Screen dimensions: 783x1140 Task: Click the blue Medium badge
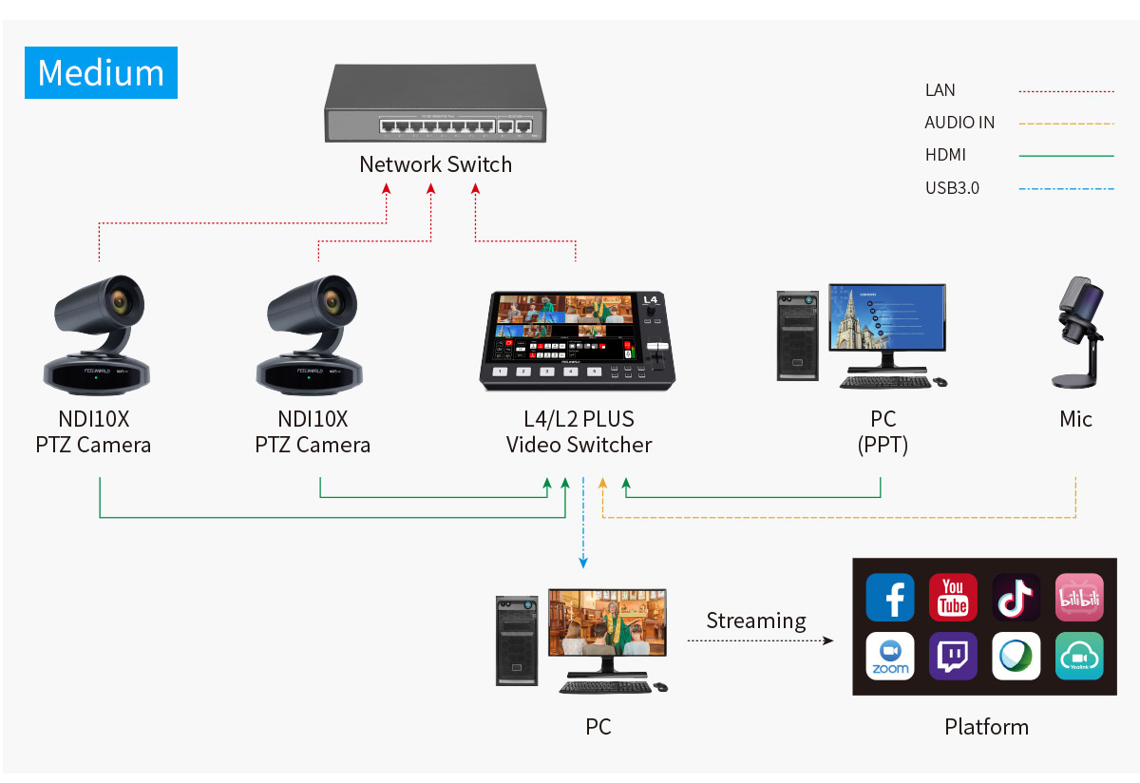(101, 72)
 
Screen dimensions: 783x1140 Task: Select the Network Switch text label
(435, 164)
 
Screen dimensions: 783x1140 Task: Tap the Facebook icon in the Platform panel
(890, 598)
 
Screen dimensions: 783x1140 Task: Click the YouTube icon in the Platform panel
(953, 598)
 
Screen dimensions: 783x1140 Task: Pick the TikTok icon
(1016, 598)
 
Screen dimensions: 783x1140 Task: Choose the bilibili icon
(1079, 598)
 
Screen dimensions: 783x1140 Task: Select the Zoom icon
(890, 657)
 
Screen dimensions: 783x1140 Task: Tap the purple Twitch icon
(953, 657)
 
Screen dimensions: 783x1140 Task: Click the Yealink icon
(1079, 657)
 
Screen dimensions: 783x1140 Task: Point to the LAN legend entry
(940, 90)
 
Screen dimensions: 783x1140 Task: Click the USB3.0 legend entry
(952, 188)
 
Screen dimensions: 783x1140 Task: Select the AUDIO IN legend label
(959, 123)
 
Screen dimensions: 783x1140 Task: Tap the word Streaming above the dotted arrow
(756, 621)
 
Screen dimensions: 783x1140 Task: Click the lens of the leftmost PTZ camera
(120, 301)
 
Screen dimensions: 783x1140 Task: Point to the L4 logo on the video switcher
(651, 300)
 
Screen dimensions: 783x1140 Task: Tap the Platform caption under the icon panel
(986, 727)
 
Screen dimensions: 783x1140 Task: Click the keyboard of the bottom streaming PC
(605, 686)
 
